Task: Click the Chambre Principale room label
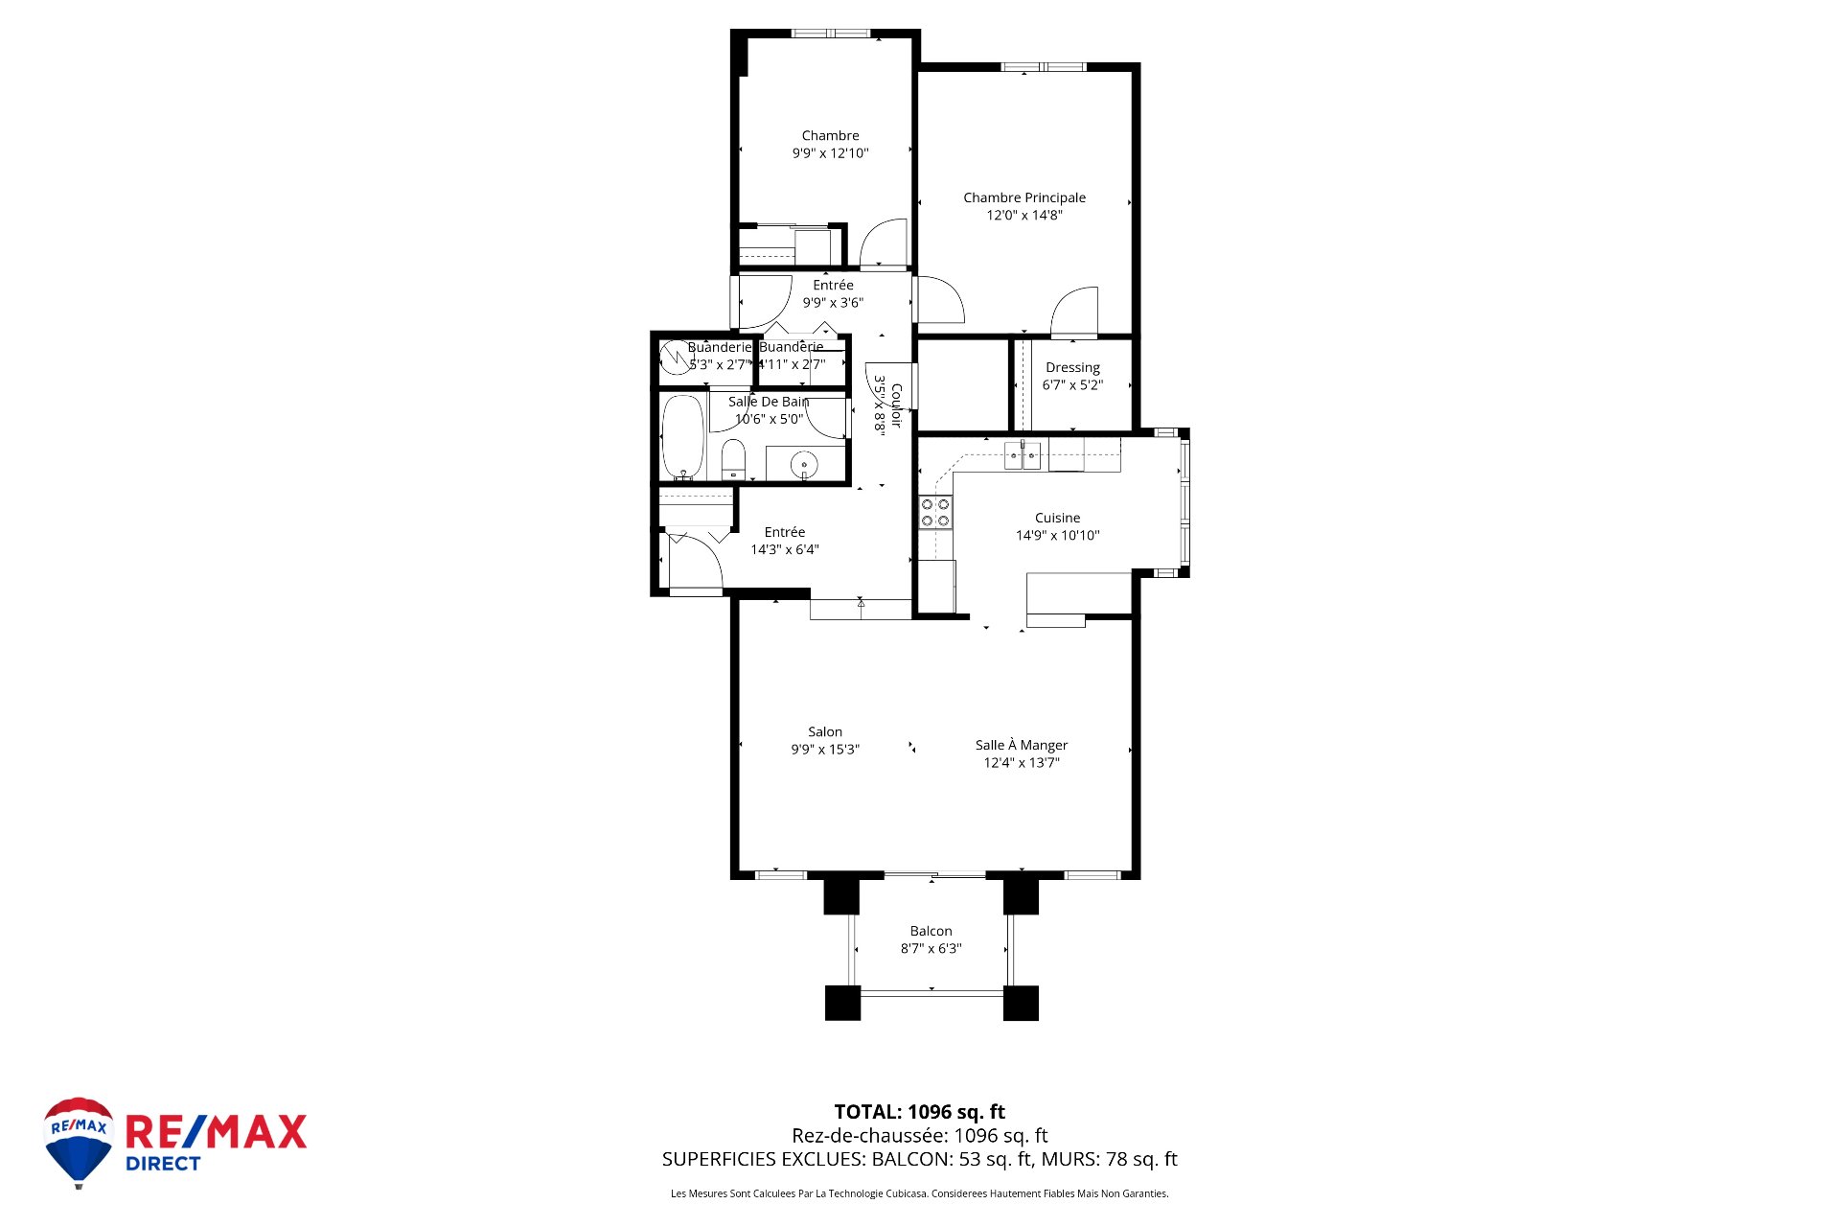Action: tap(1024, 197)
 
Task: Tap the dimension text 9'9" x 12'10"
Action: tap(830, 153)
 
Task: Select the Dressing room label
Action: tap(1072, 367)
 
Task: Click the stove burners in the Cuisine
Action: tap(935, 513)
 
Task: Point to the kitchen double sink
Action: tap(1023, 455)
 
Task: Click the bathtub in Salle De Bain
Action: tap(683, 437)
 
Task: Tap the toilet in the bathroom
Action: tap(733, 458)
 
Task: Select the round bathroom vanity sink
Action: tap(803, 466)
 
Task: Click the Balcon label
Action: tap(931, 931)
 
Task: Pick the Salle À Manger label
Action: tap(1022, 745)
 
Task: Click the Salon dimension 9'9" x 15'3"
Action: tap(825, 750)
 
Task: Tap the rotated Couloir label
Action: tap(896, 405)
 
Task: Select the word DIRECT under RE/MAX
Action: tap(163, 1164)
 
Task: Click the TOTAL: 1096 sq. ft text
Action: tap(919, 1112)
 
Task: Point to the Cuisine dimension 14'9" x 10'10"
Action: tap(1057, 536)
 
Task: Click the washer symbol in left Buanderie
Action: tap(677, 357)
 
